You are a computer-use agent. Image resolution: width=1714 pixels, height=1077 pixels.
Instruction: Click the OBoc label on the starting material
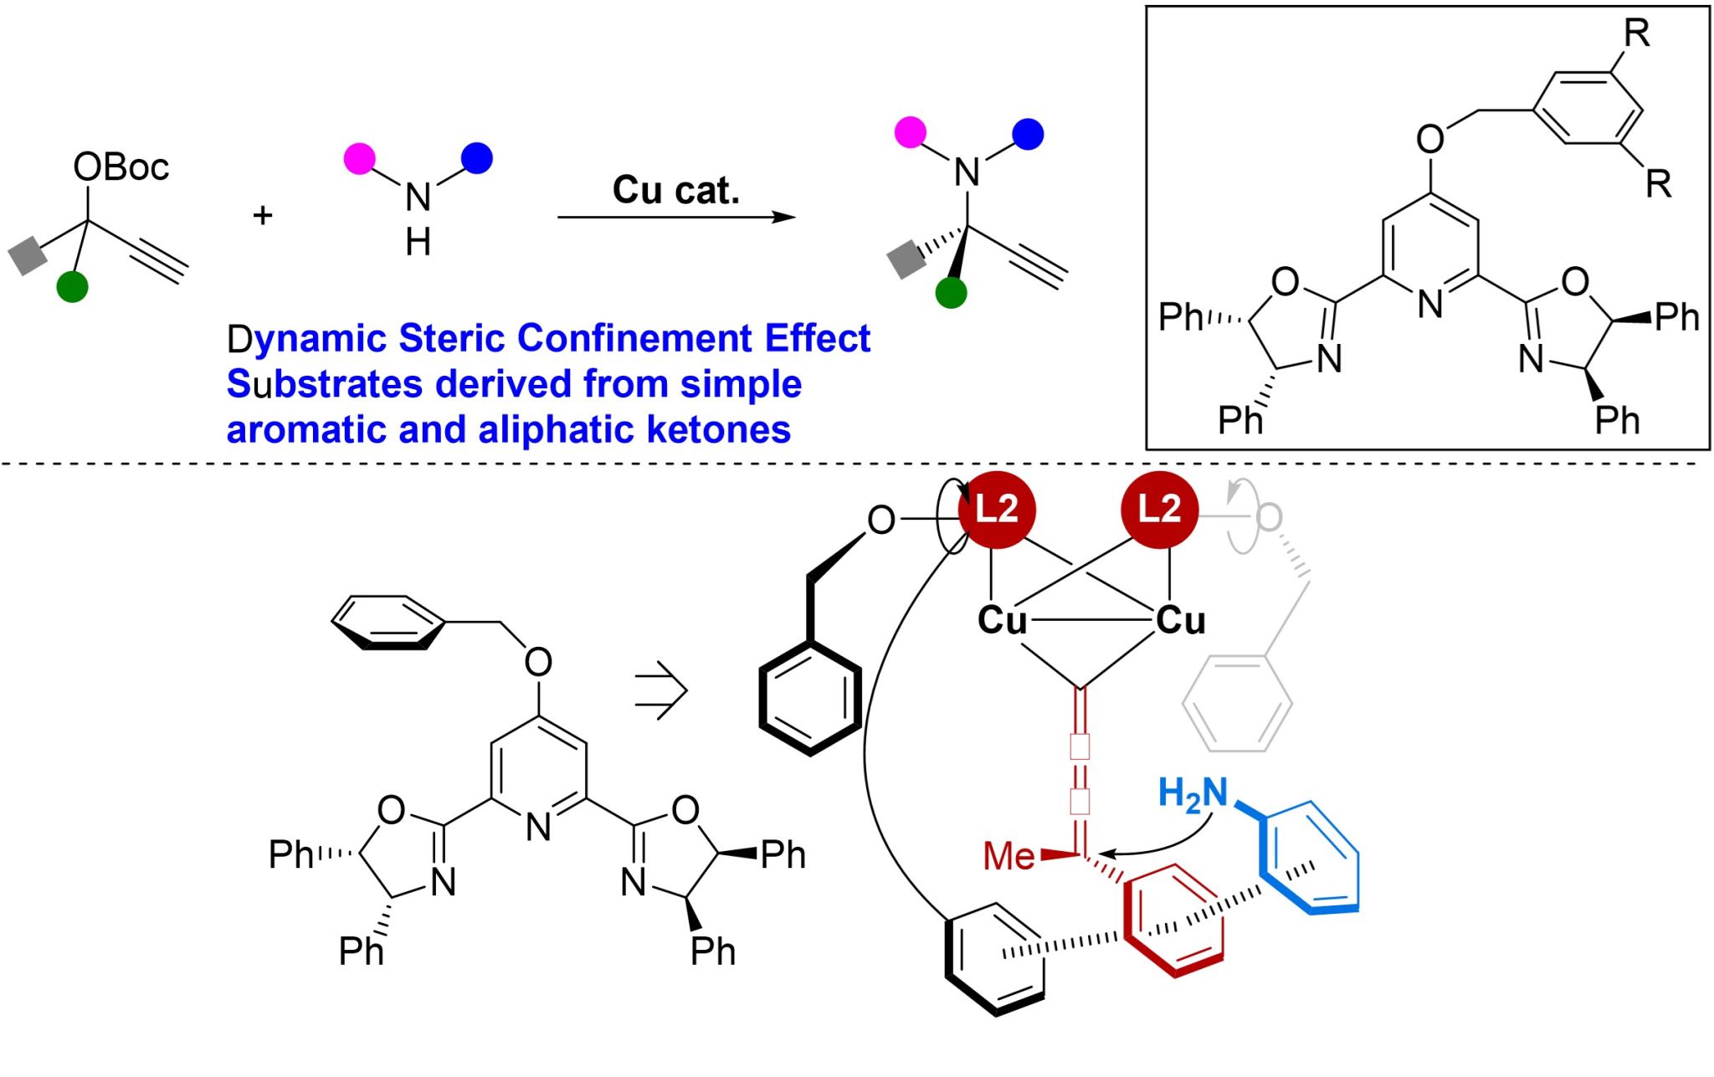[x=121, y=167]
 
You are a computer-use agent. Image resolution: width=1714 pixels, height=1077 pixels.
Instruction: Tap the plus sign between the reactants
[x=263, y=216]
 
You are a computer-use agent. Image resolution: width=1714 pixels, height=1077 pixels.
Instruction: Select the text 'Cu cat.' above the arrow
[x=676, y=190]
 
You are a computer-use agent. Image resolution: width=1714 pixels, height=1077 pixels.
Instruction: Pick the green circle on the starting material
[x=72, y=286]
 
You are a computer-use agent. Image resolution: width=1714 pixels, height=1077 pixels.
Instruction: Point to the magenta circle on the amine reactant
[x=360, y=158]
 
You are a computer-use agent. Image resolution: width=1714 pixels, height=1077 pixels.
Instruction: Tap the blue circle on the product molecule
[x=1028, y=134]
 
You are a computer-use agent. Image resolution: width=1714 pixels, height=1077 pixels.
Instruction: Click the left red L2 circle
[x=997, y=510]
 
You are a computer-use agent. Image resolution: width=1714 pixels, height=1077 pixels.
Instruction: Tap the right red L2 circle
[x=1159, y=510]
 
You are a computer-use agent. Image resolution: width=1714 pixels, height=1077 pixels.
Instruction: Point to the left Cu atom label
[x=1002, y=621]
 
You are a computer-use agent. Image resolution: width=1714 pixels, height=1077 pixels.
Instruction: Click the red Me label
[x=1009, y=856]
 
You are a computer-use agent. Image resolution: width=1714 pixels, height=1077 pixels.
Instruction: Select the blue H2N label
[x=1193, y=793]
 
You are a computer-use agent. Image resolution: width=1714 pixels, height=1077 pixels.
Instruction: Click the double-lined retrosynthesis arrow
[x=661, y=690]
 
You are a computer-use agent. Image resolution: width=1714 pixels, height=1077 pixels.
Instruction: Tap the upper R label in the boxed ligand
[x=1636, y=33]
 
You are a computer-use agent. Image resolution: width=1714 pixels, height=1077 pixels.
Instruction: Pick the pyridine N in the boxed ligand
[x=1430, y=304]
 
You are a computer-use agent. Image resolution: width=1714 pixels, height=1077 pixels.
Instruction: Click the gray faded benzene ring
[x=1237, y=703]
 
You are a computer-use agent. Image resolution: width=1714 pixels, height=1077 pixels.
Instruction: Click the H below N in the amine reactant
[x=418, y=244]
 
